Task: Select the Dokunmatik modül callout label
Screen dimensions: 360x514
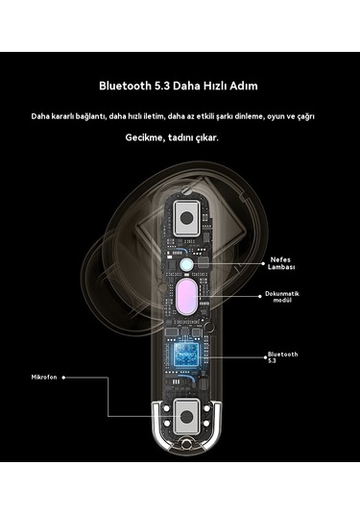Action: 283,296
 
